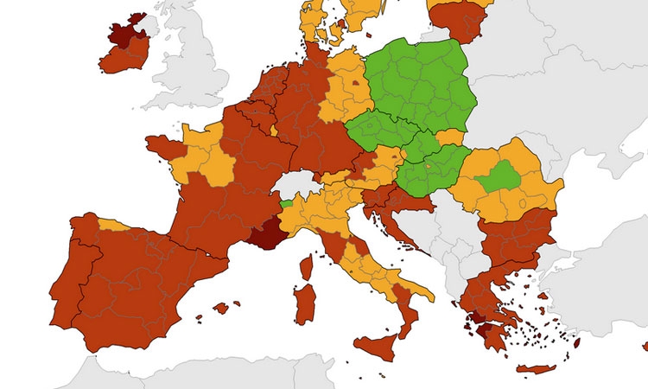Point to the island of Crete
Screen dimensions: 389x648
click(x=536, y=369)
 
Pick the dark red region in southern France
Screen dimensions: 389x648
click(x=265, y=232)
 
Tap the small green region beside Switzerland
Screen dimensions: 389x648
click(x=285, y=203)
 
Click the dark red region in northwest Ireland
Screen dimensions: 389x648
click(x=124, y=32)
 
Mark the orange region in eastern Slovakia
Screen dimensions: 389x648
click(x=450, y=137)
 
